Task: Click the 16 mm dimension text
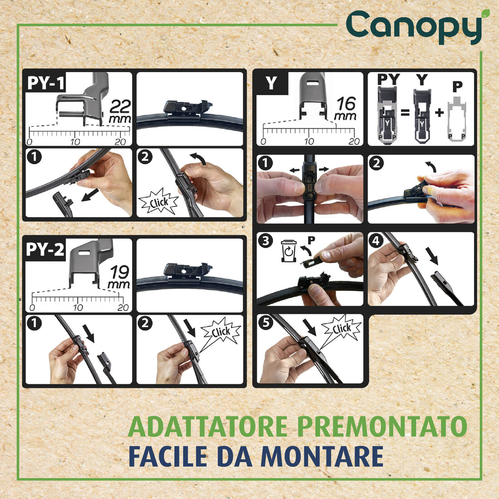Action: (346, 109)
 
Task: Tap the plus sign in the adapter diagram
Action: (439, 112)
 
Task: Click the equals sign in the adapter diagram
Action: (405, 112)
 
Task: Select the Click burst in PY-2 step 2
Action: (220, 332)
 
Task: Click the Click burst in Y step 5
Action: (341, 329)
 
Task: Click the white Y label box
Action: (271, 83)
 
